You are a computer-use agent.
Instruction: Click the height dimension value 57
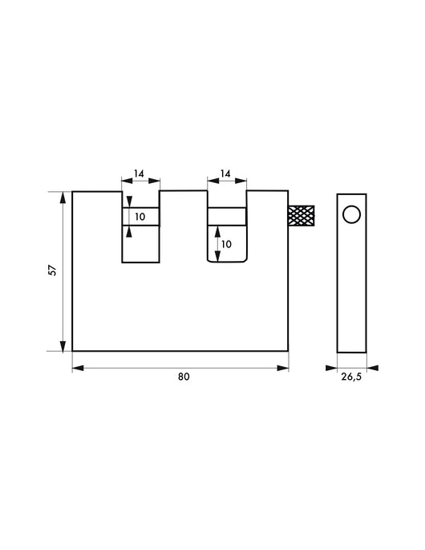[52, 271]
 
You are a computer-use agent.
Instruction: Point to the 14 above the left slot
[140, 173]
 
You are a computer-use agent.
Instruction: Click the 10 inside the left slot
[140, 217]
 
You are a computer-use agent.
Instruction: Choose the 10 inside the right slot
[226, 243]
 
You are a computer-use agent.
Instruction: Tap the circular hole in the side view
[350, 214]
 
